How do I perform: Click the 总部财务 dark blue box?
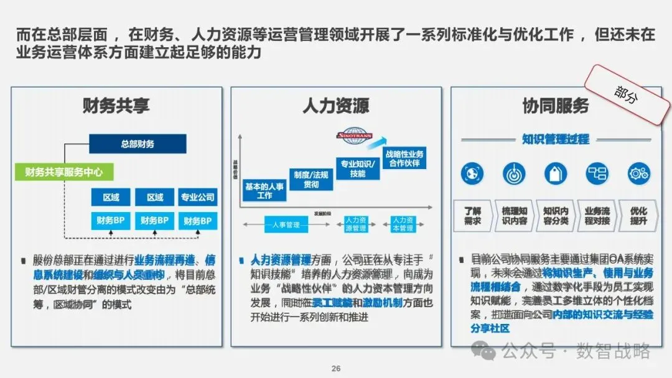pos(138,144)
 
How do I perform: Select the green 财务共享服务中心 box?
pos(59,172)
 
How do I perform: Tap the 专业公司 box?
pos(197,198)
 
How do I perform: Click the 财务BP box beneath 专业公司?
pos(197,221)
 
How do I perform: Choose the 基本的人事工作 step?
pos(264,191)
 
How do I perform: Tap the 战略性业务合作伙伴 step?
pos(404,159)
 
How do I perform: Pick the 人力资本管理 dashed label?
pos(403,224)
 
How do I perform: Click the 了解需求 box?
pos(473,216)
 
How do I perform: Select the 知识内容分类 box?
pos(556,216)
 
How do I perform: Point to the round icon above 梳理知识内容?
pos(514,173)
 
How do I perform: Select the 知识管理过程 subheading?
pos(555,139)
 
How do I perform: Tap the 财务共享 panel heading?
pos(116,106)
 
